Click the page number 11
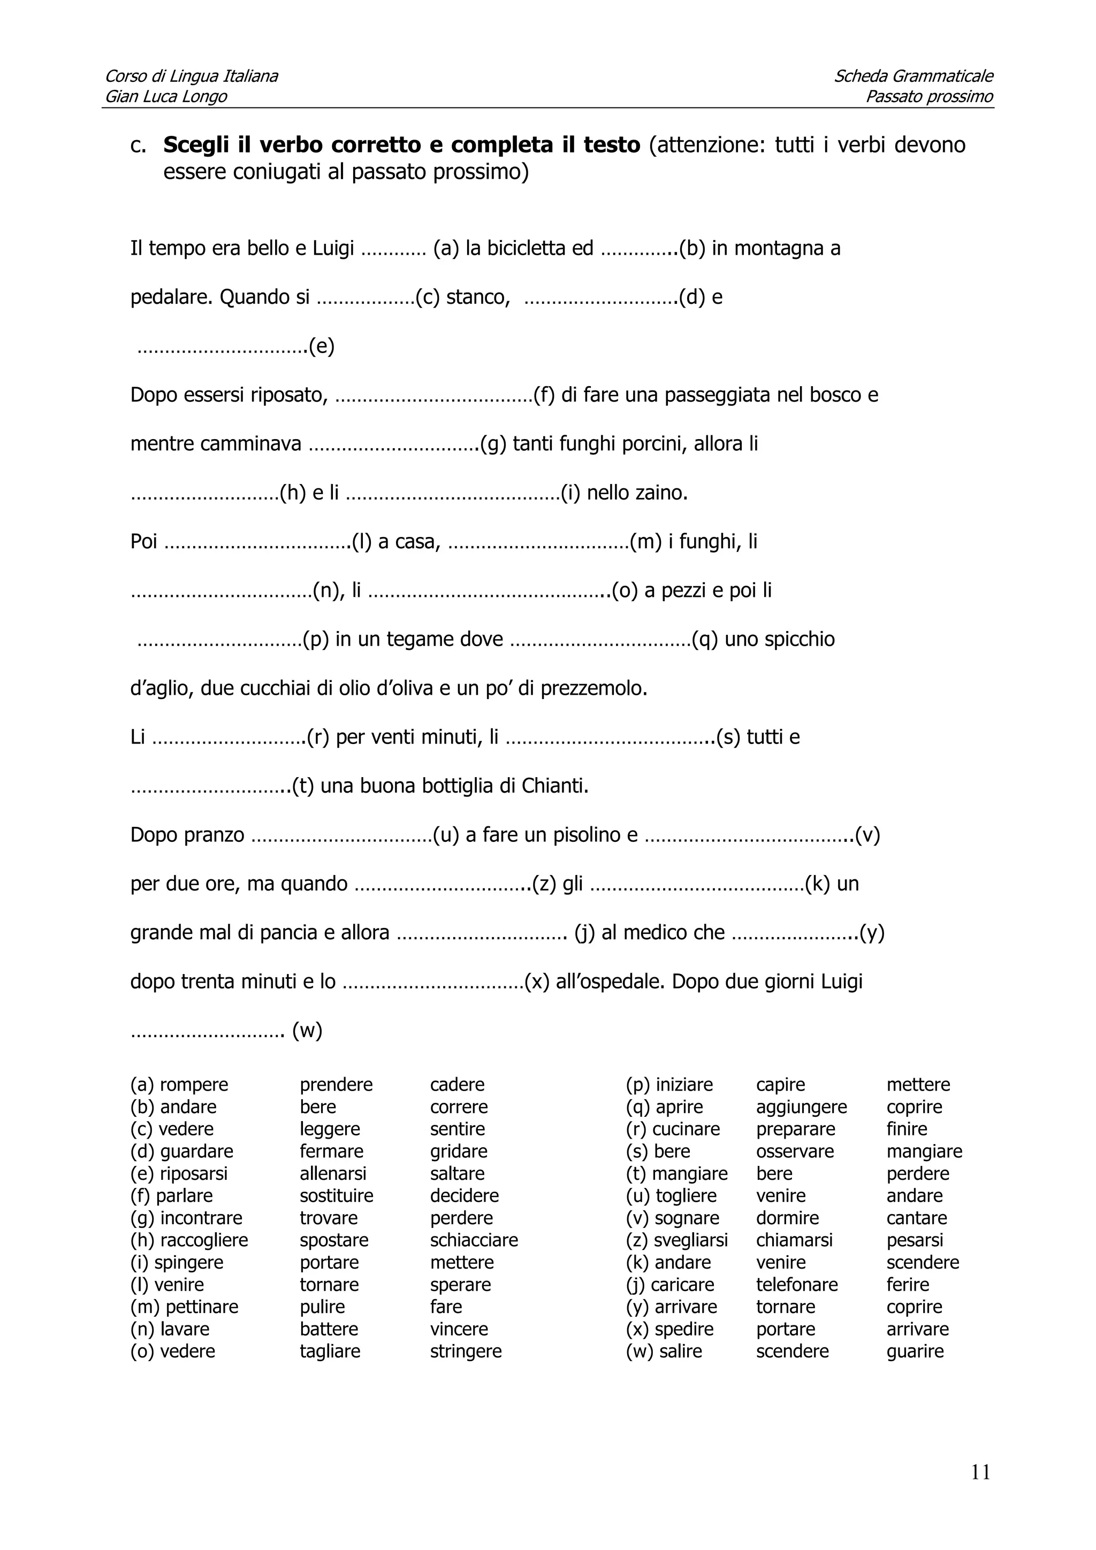[x=980, y=1472]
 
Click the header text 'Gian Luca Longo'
[x=166, y=96]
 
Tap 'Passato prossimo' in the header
[x=928, y=96]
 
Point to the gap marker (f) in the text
[x=544, y=395]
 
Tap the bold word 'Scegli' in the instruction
[x=196, y=144]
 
